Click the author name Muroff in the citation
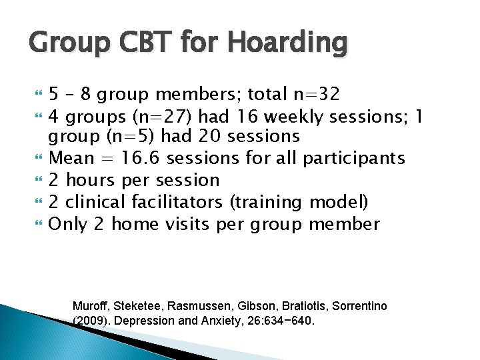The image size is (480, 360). [x=90, y=306]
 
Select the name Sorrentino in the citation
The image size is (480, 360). [x=355, y=306]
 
